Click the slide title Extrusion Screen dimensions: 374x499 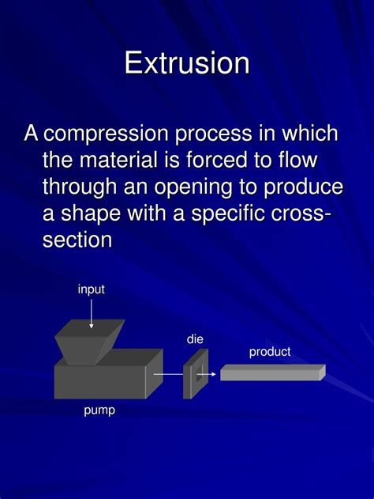tap(187, 62)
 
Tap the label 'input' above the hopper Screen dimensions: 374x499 tap(91, 289)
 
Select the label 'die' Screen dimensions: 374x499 tap(195, 339)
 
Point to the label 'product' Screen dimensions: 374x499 tap(270, 352)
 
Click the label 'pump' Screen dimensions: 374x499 tap(99, 410)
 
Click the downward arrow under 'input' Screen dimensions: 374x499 tap(92, 314)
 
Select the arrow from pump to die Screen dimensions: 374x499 tap(169, 374)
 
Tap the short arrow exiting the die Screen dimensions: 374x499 tap(207, 374)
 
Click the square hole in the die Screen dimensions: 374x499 tap(200, 373)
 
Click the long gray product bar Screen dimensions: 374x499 tap(273, 372)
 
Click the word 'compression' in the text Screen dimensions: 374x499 tap(106, 134)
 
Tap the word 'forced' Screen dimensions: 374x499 tap(216, 160)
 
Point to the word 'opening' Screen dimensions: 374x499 tap(193, 187)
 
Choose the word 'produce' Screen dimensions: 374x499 tap(303, 187)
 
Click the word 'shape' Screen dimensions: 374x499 tap(91, 214)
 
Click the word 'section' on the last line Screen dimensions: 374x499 tap(77, 240)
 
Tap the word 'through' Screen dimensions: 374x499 tap(80, 187)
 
